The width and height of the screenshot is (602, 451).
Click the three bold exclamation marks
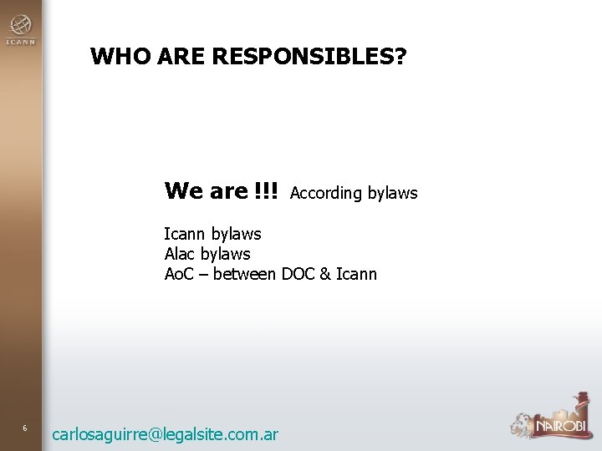268,191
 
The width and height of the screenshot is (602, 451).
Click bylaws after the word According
391,193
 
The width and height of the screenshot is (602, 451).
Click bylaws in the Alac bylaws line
227,254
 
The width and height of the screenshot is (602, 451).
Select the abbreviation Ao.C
181,273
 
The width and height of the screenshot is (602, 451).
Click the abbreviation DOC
298,273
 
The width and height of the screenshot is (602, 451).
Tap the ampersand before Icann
324,273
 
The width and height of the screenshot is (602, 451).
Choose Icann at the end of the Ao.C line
356,273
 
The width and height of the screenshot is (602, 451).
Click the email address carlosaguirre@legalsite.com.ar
165,433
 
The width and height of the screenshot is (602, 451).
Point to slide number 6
25,428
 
